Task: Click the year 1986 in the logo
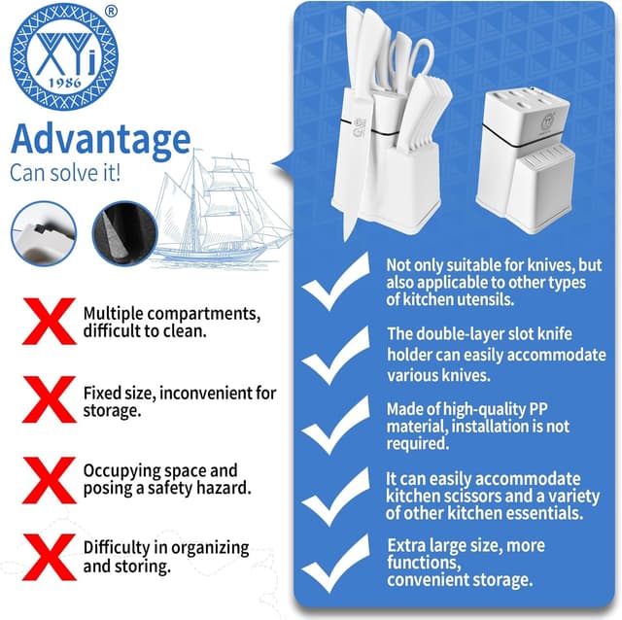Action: point(65,83)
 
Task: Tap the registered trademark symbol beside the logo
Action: point(113,12)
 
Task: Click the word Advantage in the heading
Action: point(101,139)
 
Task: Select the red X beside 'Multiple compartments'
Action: point(50,321)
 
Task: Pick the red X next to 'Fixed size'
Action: point(50,399)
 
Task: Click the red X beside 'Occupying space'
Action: point(50,480)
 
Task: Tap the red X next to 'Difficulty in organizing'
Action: point(50,557)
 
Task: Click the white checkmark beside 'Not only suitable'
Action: point(335,282)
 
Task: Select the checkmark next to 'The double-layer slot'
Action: point(335,356)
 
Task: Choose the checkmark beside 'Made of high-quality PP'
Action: point(335,426)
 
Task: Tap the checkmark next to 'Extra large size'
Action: point(335,564)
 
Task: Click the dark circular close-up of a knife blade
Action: point(125,233)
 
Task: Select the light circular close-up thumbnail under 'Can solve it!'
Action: point(44,233)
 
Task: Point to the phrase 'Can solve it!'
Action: point(65,173)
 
